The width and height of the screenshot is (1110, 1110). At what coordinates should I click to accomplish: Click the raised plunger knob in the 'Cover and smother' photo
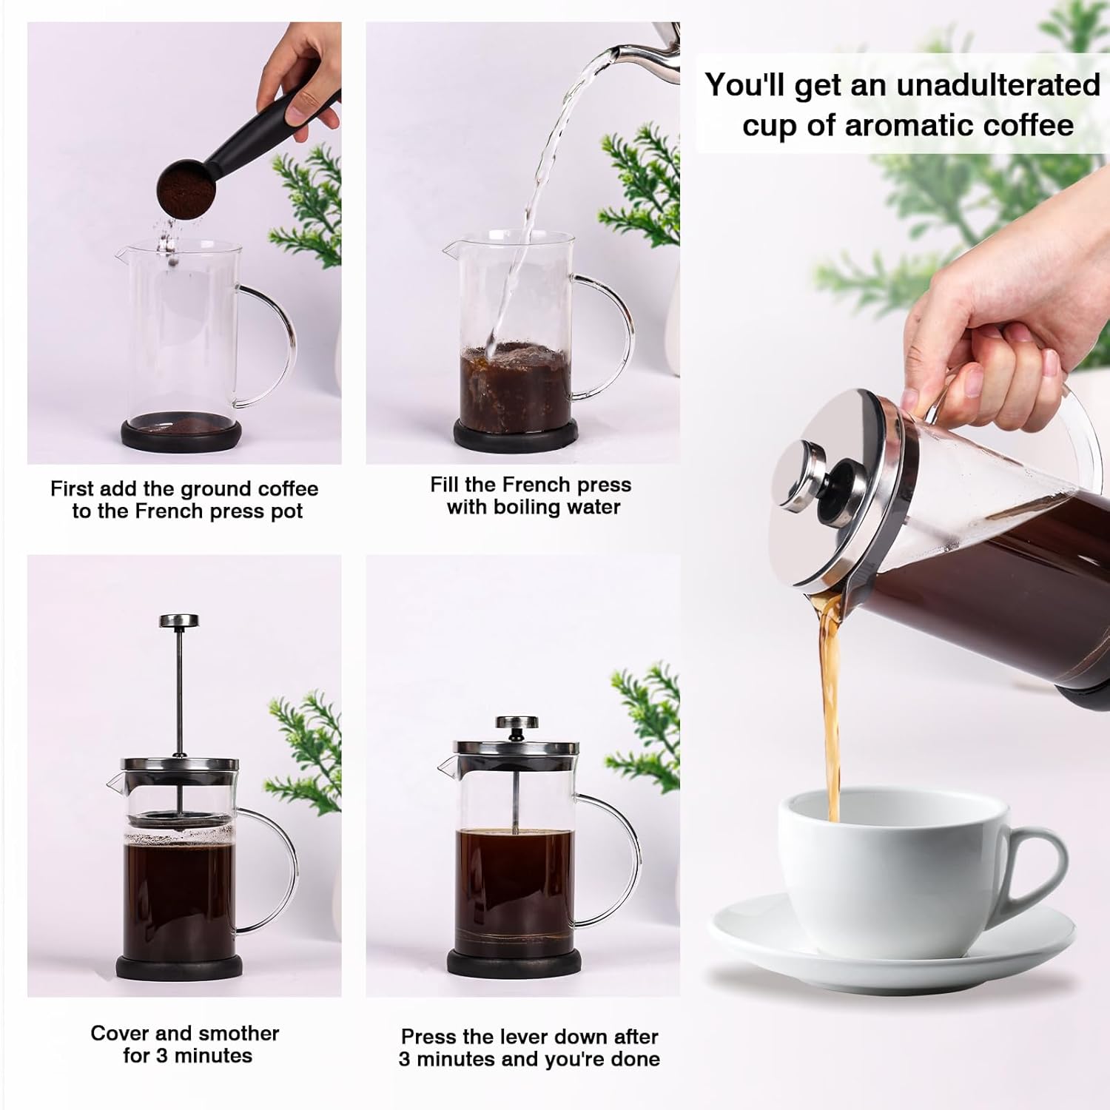[x=179, y=620]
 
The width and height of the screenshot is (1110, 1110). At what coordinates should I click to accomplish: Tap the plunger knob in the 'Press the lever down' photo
[x=517, y=723]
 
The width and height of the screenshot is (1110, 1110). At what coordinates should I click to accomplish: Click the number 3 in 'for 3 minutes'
[x=162, y=1056]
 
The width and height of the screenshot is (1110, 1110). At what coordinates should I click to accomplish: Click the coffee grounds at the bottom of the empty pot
[x=181, y=427]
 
